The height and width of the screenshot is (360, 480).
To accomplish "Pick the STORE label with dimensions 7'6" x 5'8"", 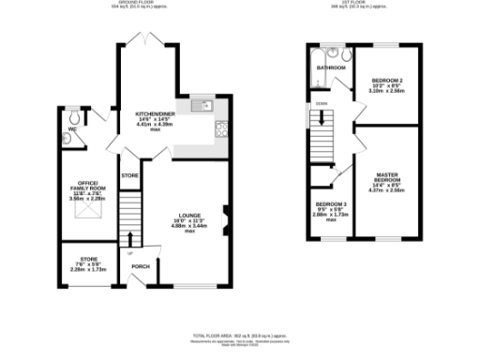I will tap(88, 260).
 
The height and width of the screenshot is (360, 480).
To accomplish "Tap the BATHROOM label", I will tap(331, 67).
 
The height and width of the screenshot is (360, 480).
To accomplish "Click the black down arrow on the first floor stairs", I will tap(326, 119).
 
